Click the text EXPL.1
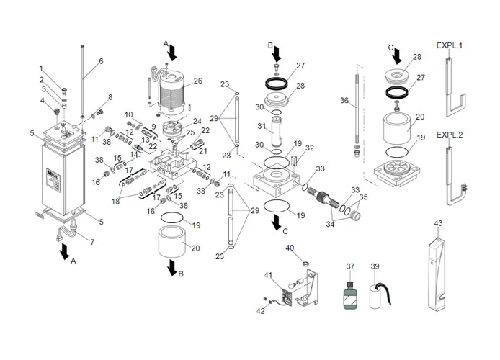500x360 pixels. point(450,45)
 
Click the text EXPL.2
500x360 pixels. point(450,135)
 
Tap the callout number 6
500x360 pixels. point(100,61)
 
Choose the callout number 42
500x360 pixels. point(261,311)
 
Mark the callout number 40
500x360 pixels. point(290,248)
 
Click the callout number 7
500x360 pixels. point(91,242)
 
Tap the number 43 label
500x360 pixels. point(437,223)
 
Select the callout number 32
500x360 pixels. point(311,148)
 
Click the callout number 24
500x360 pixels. point(197,122)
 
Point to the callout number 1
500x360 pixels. point(41,68)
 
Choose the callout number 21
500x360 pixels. point(202,151)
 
